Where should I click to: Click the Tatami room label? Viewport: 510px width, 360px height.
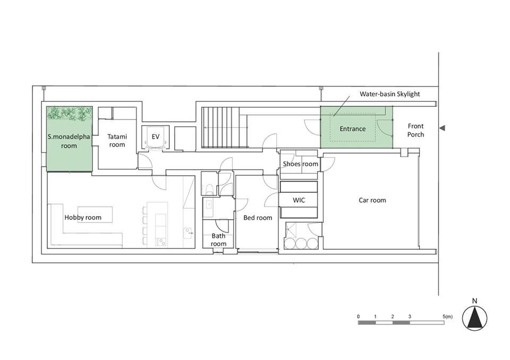(x=117, y=141)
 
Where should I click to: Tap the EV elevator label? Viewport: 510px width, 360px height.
(x=156, y=136)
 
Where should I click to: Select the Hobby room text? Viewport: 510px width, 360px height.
(x=83, y=218)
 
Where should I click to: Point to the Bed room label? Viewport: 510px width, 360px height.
(x=258, y=218)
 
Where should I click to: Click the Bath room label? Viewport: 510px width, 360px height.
(x=218, y=239)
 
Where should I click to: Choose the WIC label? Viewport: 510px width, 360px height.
(x=299, y=200)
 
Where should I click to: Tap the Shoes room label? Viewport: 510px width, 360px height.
(x=301, y=164)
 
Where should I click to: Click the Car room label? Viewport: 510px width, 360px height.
(x=372, y=200)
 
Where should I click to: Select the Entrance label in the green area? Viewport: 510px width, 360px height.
(x=353, y=129)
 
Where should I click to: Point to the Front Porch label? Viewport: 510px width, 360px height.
(x=415, y=130)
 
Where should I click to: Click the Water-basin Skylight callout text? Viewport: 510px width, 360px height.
(x=389, y=94)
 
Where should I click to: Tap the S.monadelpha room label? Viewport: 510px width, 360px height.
(x=69, y=141)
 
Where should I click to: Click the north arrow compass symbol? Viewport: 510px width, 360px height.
(x=474, y=318)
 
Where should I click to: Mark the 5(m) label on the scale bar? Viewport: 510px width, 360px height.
(x=447, y=316)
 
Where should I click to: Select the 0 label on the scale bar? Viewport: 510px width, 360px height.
(x=359, y=316)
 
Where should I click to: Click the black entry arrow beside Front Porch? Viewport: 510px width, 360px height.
(x=442, y=128)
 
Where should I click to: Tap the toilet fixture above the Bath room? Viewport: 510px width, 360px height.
(x=209, y=189)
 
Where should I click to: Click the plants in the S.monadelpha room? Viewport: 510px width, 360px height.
(x=69, y=113)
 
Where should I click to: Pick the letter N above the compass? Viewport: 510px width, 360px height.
(x=474, y=301)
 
